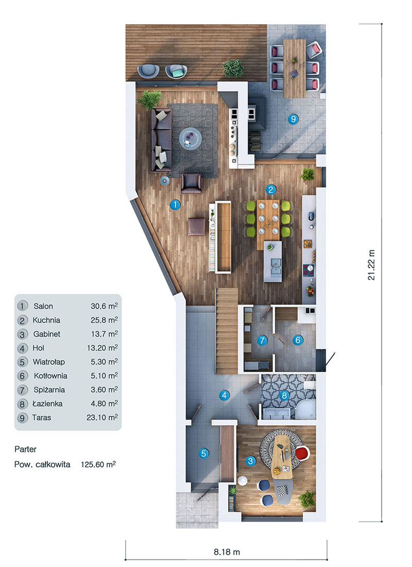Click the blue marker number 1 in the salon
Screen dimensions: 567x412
pyautogui.click(x=175, y=205)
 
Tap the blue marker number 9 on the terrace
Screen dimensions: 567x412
pyautogui.click(x=293, y=120)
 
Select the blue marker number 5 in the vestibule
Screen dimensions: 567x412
pyautogui.click(x=204, y=454)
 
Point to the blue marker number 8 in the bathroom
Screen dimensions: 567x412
pyautogui.click(x=282, y=396)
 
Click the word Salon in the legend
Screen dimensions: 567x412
pyautogui.click(x=43, y=306)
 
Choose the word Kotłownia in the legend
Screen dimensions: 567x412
pyautogui.click(x=50, y=376)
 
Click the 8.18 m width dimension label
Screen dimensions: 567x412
pyautogui.click(x=227, y=552)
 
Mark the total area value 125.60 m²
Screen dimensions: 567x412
pyautogui.click(x=98, y=464)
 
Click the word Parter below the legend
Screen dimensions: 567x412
pyautogui.click(x=26, y=449)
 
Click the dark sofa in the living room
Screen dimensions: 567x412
pyautogui.click(x=160, y=139)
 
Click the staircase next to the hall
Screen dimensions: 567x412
pyautogui.click(x=226, y=330)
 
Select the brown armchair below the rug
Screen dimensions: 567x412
pyautogui.click(x=192, y=183)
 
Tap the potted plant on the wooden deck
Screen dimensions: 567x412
pyautogui.click(x=233, y=68)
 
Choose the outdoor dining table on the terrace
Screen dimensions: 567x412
pyautogui.click(x=295, y=67)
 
